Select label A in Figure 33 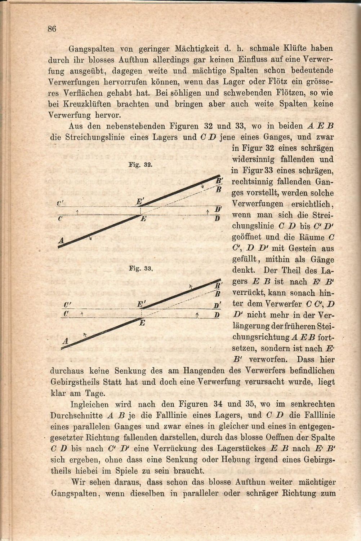coord(66,340)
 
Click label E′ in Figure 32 coord(140,202)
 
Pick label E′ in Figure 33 coord(141,305)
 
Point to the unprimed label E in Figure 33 coord(142,323)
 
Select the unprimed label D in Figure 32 coord(217,218)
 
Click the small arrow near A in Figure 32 coord(90,237)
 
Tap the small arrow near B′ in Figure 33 coord(191,287)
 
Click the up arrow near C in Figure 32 coord(78,211)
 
